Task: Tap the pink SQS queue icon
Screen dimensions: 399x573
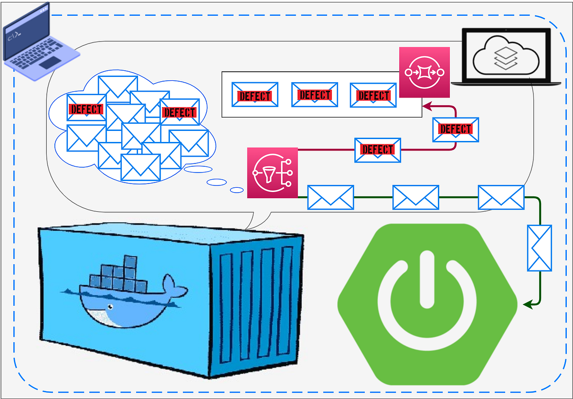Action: coord(424,72)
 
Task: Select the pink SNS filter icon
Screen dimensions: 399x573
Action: coord(273,173)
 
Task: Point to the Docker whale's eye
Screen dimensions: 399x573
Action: coord(110,307)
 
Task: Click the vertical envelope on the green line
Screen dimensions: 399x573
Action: coord(539,248)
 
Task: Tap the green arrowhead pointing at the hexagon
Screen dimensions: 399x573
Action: coord(528,304)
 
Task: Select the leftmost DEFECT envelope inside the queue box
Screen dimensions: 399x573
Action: coord(255,95)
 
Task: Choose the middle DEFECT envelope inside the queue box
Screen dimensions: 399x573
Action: coord(314,95)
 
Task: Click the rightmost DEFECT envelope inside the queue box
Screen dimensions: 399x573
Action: coord(373,95)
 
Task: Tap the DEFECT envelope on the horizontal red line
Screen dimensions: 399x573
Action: coord(377,150)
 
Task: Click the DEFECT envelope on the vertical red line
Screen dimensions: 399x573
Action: coord(455,129)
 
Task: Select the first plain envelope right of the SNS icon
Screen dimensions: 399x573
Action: coord(330,197)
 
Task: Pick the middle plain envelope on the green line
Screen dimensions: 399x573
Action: coord(415,197)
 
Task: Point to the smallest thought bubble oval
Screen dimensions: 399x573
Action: coord(237,190)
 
